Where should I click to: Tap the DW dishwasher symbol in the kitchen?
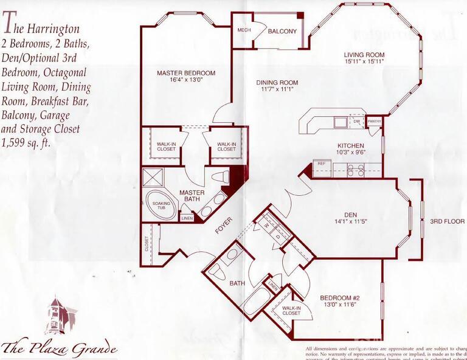point(357,122)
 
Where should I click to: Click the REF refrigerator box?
point(320,164)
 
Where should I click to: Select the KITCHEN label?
point(351,146)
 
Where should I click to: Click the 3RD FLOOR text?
point(446,221)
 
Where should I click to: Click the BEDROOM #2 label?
point(340,298)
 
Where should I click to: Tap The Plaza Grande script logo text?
point(59,348)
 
